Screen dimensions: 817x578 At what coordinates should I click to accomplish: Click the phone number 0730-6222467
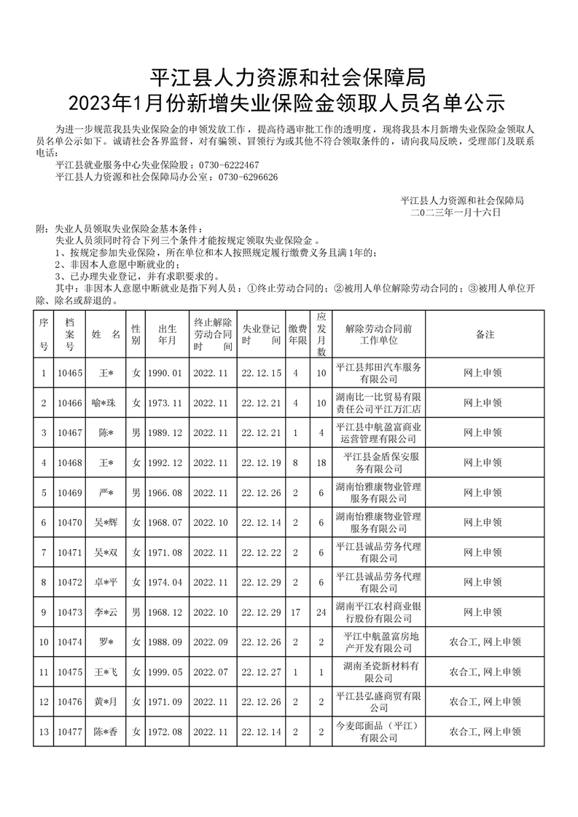point(229,165)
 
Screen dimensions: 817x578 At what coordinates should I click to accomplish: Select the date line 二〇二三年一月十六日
point(456,212)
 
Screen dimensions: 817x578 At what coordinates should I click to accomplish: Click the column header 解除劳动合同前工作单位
point(378,334)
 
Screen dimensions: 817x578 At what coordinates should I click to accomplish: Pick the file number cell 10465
point(70,373)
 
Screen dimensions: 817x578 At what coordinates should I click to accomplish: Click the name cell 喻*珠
point(106,403)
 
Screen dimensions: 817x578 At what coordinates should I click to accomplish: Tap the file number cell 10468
point(70,462)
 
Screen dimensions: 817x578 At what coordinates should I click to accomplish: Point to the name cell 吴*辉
point(106,523)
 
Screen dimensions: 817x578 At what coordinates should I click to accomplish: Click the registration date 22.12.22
point(261,553)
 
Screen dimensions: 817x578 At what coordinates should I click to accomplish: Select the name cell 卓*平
point(106,583)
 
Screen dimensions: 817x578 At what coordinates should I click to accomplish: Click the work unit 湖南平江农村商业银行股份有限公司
point(378,612)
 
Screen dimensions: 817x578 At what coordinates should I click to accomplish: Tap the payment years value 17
point(296,612)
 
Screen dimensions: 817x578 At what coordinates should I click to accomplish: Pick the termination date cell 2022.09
point(211,642)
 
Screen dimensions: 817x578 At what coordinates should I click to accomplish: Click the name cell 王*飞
point(106,672)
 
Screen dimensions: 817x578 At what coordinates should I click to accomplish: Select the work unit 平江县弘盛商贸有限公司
point(378,702)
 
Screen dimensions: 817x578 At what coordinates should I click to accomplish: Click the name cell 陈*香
point(106,732)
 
